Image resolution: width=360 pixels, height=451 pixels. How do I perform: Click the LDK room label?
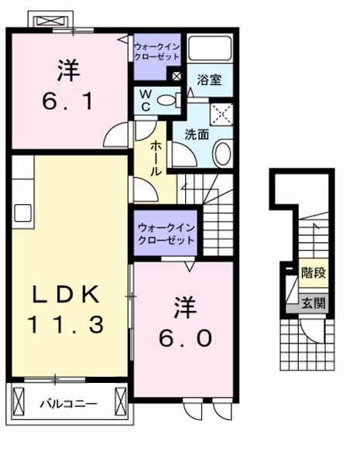[67, 295]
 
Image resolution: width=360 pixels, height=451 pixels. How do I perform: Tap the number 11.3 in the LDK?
[67, 325]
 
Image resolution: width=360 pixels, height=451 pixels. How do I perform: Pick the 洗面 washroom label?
[196, 134]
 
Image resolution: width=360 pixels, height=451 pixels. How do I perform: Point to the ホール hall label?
[156, 157]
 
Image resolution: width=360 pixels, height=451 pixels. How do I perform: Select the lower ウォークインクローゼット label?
[165, 234]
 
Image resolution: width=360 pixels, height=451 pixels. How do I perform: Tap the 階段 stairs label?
[312, 273]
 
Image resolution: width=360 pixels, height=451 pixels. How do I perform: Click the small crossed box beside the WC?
[177, 76]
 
